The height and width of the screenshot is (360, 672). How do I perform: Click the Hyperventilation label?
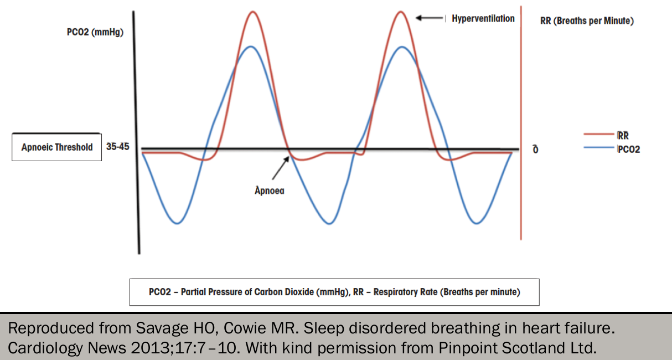pos(483,19)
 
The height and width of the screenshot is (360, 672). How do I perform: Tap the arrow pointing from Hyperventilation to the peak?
pos(430,18)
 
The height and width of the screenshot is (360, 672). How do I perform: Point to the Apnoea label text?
pos(270,191)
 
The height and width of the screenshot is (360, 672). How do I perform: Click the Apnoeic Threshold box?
pos(56,147)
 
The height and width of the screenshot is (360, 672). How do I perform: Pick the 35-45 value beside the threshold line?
pos(117,147)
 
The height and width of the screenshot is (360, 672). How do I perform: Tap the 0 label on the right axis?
pos(535,149)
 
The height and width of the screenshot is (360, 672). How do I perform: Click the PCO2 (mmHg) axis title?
pos(95,32)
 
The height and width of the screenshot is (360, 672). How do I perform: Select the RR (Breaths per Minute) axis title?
pos(587,20)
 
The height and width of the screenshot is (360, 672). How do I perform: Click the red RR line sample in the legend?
pos(599,134)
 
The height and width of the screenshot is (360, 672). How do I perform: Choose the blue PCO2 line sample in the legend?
pos(599,147)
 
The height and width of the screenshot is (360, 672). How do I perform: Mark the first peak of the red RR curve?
pos(253,12)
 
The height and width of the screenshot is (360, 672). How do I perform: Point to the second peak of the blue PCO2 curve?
pos(402,47)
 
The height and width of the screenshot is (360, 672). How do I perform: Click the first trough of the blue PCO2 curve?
pos(177,223)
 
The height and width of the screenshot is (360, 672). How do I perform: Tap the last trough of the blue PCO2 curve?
pos(477,223)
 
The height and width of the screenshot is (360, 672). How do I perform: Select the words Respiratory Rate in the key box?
pos(405,292)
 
